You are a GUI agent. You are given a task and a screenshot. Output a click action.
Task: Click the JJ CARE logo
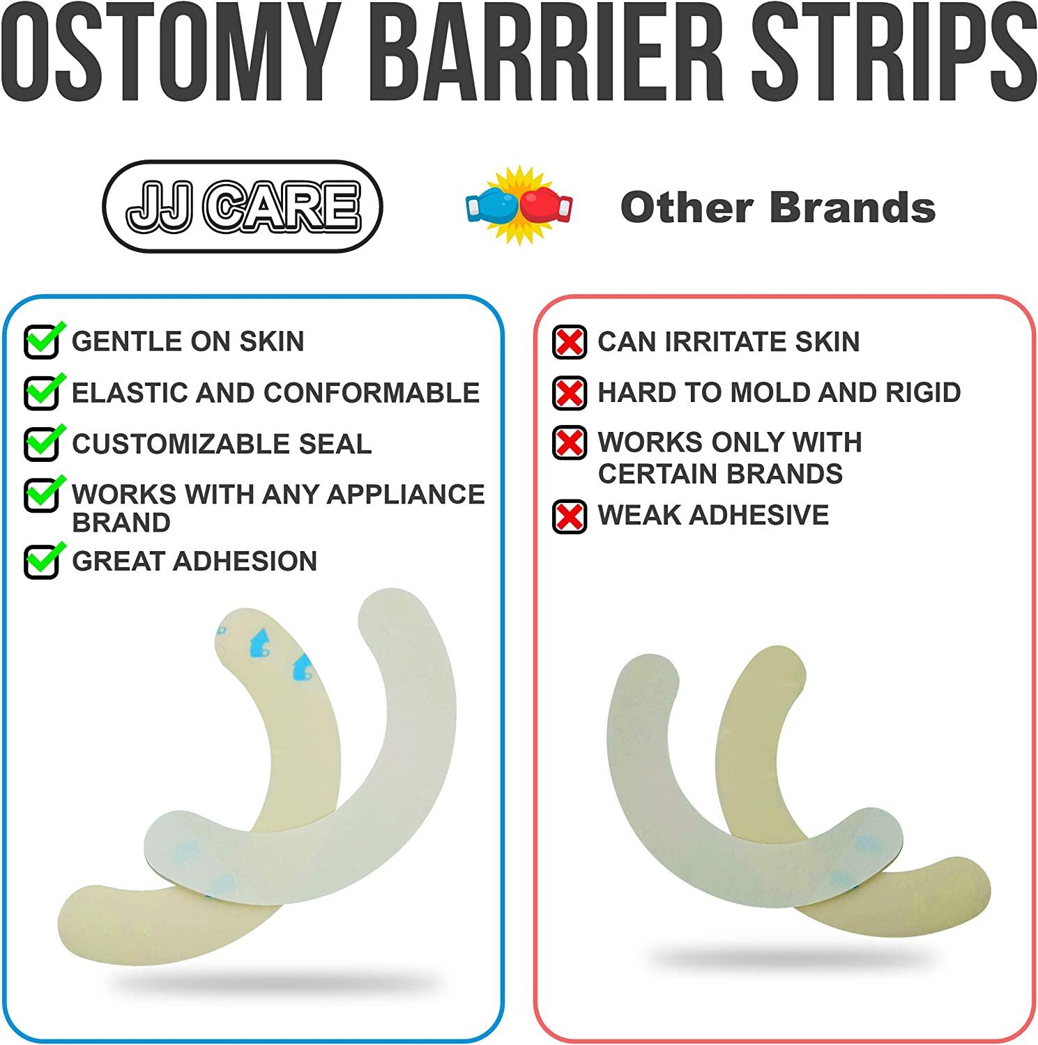(x=243, y=206)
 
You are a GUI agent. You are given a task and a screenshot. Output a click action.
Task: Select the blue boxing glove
(x=493, y=207)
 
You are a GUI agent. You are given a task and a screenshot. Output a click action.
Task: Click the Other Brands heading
(x=777, y=208)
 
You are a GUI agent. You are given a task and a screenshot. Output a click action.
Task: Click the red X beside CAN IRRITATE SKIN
(x=569, y=342)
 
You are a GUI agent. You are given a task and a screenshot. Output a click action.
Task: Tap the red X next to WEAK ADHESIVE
(x=569, y=516)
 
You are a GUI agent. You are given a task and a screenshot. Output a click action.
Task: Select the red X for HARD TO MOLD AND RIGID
(x=569, y=393)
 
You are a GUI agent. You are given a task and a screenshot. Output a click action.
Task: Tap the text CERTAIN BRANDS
(x=720, y=474)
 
